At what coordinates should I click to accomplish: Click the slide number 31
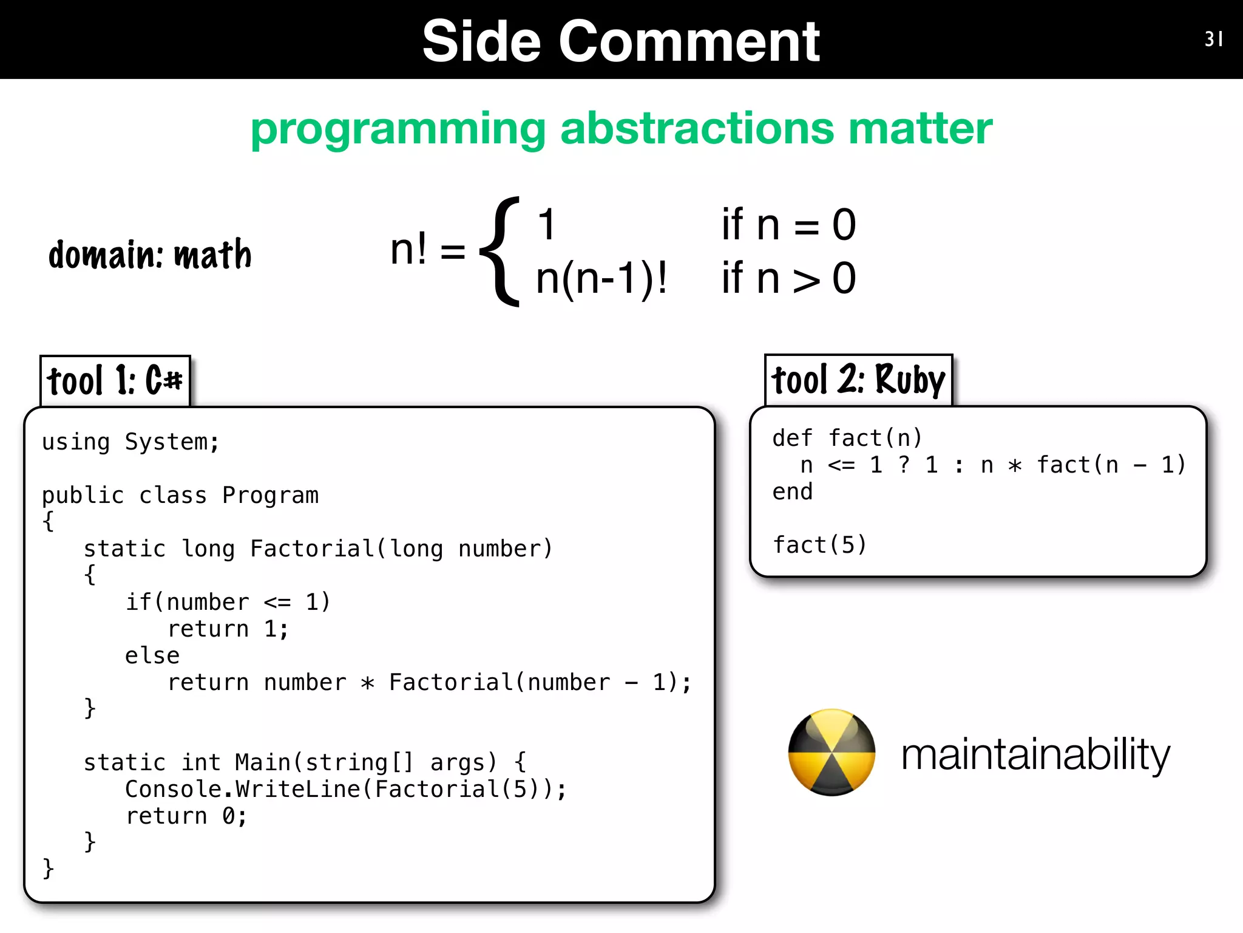coord(1213,39)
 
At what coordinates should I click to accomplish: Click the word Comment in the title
coord(689,41)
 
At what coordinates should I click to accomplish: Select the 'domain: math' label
coord(150,255)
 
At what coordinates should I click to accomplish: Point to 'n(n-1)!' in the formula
coord(601,279)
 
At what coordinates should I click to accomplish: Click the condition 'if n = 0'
coord(788,225)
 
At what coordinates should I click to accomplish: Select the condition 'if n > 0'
coord(788,279)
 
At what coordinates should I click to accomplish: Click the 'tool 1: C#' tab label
coord(115,381)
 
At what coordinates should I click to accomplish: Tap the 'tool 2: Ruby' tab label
coord(858,380)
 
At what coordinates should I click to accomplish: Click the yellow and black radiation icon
coord(831,752)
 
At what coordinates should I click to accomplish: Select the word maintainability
coord(1035,754)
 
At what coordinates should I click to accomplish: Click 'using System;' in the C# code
coord(130,442)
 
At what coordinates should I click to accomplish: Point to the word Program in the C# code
coord(270,496)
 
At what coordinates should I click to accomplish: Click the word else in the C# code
coord(152,656)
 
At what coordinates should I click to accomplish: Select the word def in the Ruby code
coord(792,438)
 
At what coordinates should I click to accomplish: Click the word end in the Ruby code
coord(792,491)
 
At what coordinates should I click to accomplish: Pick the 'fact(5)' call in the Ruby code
coord(819,545)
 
